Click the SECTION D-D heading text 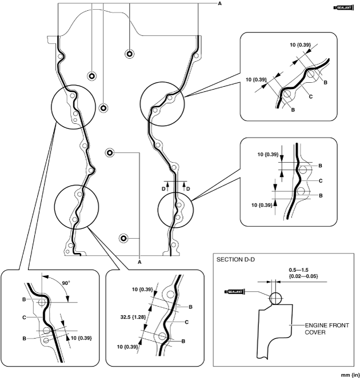[235, 260]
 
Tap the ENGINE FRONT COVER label [327, 329]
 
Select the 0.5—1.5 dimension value [298, 270]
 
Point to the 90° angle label [66, 283]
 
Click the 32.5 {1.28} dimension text [133, 317]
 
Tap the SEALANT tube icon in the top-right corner [343, 8]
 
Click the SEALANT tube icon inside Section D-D [234, 292]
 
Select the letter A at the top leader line [219, 3]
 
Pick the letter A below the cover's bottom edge [139, 262]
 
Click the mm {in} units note [350, 375]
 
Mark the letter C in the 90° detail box [24, 317]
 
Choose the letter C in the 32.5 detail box [186, 322]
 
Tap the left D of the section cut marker [163, 189]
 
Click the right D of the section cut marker [188, 189]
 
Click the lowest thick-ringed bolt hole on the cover [123, 239]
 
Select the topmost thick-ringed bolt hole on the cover [130, 54]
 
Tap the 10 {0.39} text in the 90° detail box [81, 338]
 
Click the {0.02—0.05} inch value [303, 276]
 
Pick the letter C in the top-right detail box [311, 96]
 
